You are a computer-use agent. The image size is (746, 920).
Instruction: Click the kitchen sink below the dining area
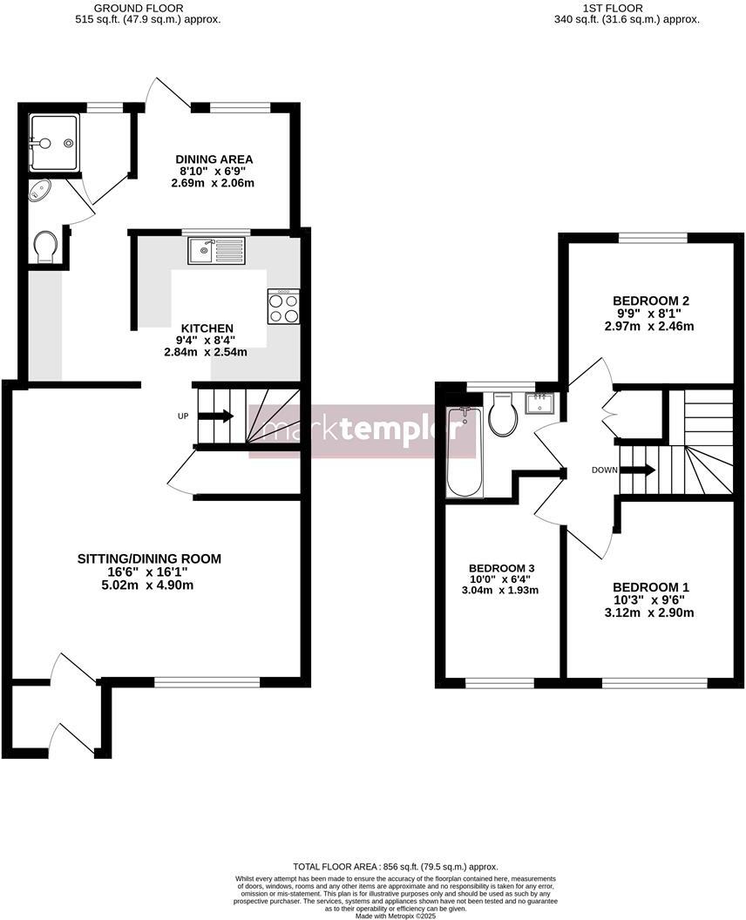pyautogui.click(x=217, y=251)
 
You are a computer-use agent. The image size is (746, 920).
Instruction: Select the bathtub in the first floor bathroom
pyautogui.click(x=461, y=451)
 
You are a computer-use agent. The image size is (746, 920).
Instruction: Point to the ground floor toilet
pyautogui.click(x=44, y=246)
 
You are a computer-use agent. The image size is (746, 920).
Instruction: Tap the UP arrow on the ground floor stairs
pyautogui.click(x=215, y=416)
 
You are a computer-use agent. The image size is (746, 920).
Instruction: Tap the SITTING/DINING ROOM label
pyautogui.click(x=149, y=559)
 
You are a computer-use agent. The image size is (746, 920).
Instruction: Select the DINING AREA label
pyautogui.click(x=214, y=159)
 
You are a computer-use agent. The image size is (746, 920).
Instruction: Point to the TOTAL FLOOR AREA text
pyautogui.click(x=395, y=867)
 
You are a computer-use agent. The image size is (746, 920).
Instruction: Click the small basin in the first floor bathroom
pyautogui.click(x=542, y=402)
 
